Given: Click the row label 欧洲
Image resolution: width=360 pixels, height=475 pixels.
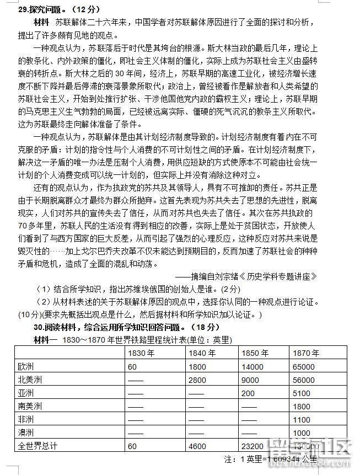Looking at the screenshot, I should (26, 366).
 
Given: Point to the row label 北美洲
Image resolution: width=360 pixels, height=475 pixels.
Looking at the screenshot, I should (30, 380).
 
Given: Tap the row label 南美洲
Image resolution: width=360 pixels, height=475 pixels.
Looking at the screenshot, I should (30, 406).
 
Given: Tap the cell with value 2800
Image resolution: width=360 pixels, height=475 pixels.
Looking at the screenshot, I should (197, 380).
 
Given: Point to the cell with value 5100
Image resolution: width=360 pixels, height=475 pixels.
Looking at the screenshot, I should (302, 393).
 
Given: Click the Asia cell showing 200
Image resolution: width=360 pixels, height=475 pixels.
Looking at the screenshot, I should (248, 393).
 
